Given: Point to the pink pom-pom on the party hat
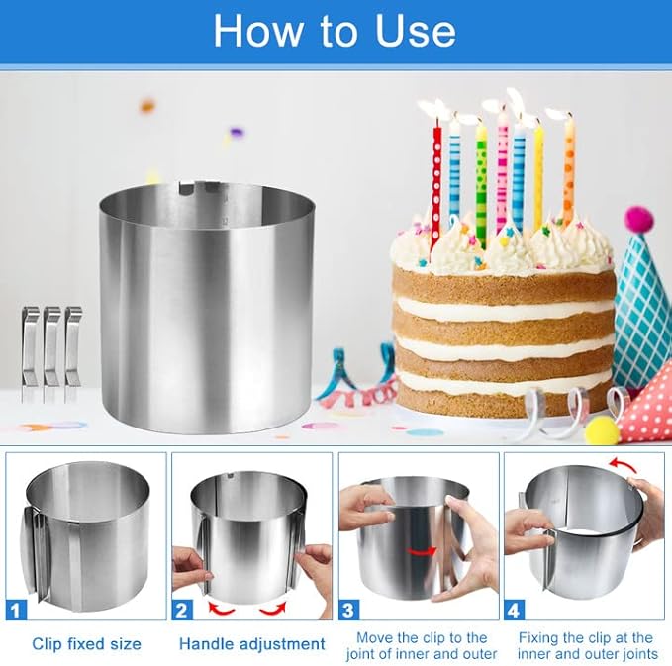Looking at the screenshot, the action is click(x=639, y=221).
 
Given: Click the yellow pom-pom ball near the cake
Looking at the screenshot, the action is click(x=603, y=430).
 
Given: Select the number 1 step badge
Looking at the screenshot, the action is click(x=16, y=609).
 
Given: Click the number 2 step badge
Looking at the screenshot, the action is click(x=182, y=609).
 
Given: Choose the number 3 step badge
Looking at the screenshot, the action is click(x=348, y=609).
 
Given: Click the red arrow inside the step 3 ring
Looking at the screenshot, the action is click(x=422, y=552).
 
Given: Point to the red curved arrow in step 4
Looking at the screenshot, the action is click(x=623, y=464).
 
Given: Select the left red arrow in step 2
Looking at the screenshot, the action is click(x=221, y=609).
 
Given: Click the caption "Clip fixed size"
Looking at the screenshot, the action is click(x=86, y=644).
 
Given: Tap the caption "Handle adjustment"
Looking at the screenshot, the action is click(x=252, y=644).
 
